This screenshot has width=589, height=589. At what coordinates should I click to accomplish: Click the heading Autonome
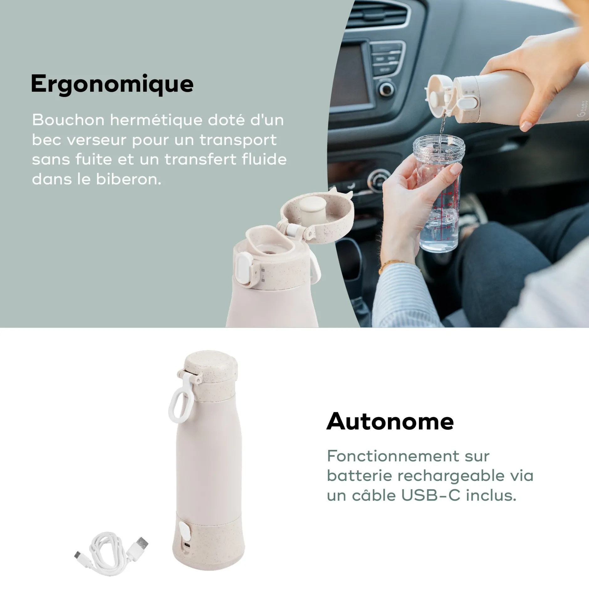(390, 421)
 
